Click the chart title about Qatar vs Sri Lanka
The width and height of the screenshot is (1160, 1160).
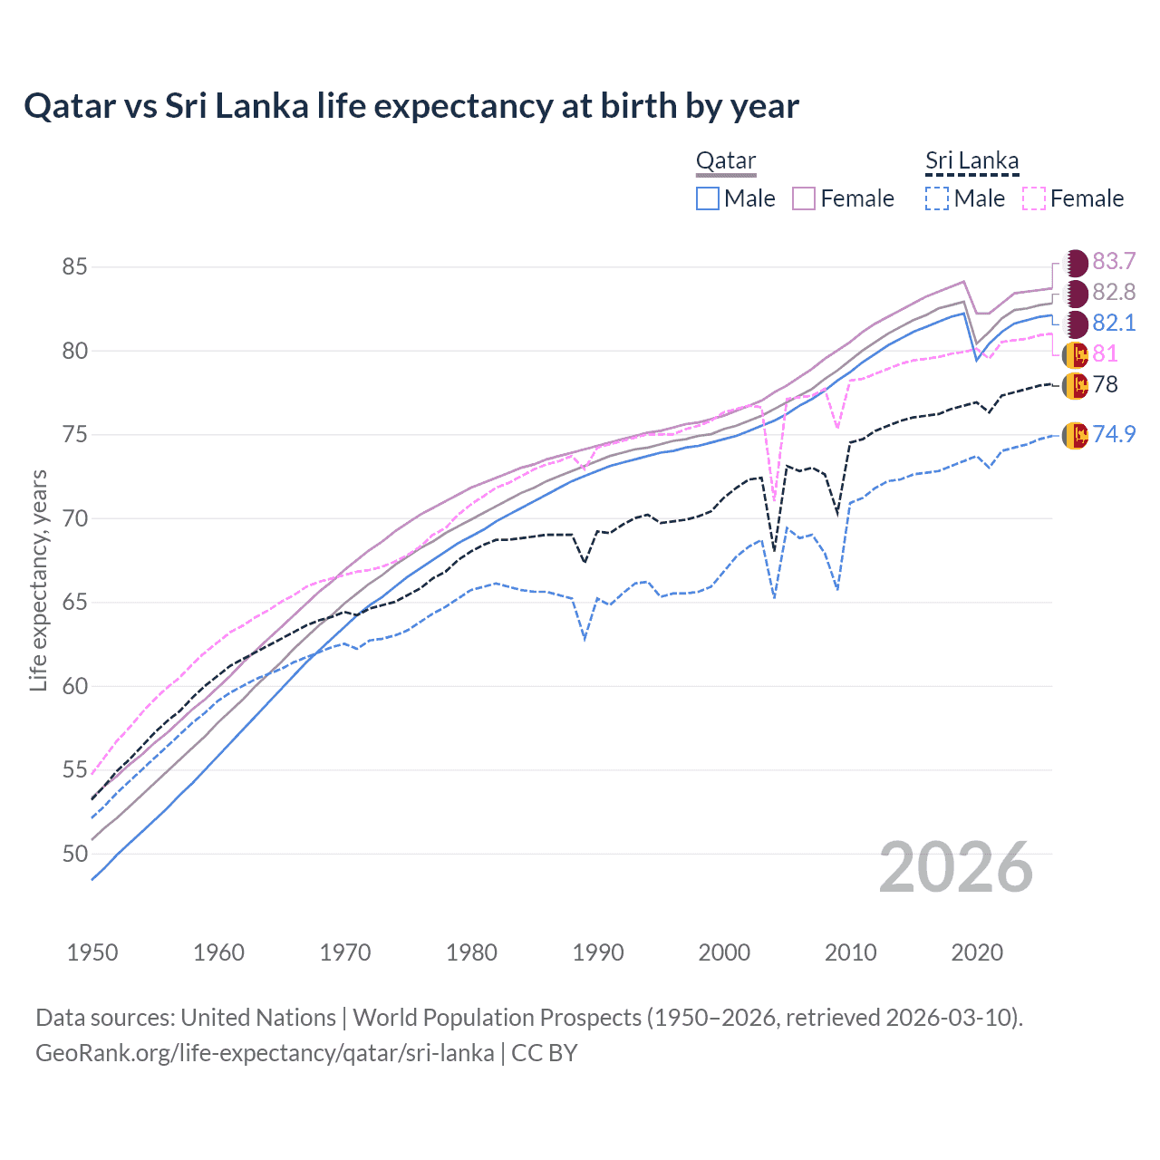[411, 106]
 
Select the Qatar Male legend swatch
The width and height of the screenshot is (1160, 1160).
[708, 198]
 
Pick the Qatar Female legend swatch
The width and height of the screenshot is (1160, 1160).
[804, 198]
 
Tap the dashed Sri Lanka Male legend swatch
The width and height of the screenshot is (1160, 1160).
[937, 198]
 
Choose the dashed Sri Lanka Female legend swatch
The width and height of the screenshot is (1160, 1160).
[1034, 198]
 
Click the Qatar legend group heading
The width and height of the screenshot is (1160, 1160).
[725, 161]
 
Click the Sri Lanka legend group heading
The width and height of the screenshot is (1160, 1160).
[971, 161]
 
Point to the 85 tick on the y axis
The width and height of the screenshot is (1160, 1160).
[74, 267]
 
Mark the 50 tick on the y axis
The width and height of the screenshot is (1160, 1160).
[74, 854]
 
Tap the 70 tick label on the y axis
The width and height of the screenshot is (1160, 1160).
[74, 519]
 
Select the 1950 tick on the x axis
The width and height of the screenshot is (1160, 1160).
[92, 952]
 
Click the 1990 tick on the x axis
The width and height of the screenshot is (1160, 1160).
[598, 952]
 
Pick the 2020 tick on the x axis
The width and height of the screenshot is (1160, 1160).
[977, 952]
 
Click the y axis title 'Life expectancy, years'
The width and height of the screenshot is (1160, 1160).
[38, 581]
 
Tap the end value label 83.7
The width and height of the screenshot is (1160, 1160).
[1114, 262]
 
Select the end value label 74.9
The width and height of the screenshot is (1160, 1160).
[1114, 434]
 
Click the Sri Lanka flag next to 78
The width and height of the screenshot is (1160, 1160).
[1075, 385]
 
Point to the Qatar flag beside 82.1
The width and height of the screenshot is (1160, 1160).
[1075, 324]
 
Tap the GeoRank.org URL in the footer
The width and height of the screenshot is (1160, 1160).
[265, 1053]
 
